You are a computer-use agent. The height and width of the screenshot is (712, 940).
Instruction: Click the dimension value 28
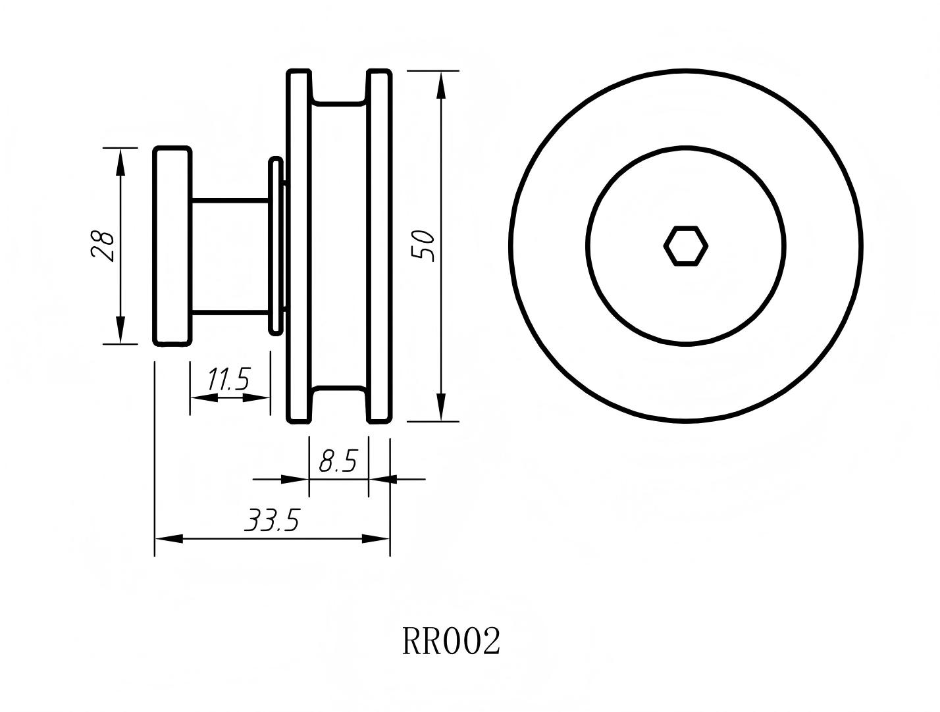tap(103, 246)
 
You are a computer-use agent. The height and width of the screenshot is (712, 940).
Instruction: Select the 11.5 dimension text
tap(228, 380)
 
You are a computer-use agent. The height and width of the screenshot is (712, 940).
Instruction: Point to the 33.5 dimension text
tap(272, 521)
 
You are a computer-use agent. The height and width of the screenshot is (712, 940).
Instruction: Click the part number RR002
tap(452, 642)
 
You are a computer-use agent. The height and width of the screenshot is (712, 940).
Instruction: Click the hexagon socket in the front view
tap(685, 246)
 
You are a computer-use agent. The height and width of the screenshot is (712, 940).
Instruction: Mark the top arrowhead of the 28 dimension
tap(120, 162)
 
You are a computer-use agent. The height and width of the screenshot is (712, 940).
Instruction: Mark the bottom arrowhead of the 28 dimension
tap(120, 330)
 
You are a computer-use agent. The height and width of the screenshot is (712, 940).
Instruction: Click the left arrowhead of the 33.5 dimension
tap(169, 539)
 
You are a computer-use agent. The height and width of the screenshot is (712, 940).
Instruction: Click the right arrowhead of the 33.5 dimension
tap(376, 539)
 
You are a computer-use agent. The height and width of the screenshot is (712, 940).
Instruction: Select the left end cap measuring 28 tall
tap(172, 246)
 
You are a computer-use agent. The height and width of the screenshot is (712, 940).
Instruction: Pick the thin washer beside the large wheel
tap(275, 246)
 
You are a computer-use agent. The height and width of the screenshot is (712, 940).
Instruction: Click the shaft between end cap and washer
tap(230, 256)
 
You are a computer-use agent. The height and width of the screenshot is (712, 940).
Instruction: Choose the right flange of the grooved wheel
tap(379, 246)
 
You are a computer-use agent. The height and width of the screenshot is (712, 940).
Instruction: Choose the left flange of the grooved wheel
tap(298, 246)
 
